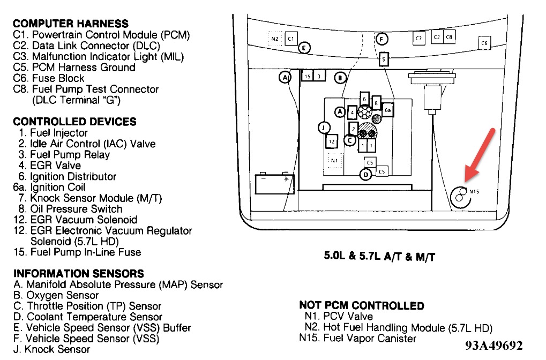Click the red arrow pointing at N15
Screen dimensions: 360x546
(x=478, y=155)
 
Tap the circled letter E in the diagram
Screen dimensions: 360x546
(x=304, y=48)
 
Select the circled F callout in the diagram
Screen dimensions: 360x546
(x=381, y=39)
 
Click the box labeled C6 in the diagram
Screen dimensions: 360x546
(x=484, y=43)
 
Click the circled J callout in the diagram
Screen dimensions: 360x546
(x=324, y=127)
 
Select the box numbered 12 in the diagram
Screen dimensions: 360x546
(x=332, y=141)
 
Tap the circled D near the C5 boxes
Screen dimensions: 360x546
(x=366, y=175)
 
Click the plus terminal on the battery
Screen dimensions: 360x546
(x=286, y=179)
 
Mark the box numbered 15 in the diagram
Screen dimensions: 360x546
(x=308, y=77)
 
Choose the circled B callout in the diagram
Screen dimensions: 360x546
(x=340, y=78)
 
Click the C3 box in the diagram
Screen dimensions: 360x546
(x=419, y=38)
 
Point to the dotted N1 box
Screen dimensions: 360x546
(x=334, y=160)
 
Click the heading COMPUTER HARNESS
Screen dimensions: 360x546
(x=71, y=24)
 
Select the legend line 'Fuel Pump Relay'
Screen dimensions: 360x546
(x=70, y=155)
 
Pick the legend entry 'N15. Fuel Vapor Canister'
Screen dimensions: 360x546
(x=358, y=339)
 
